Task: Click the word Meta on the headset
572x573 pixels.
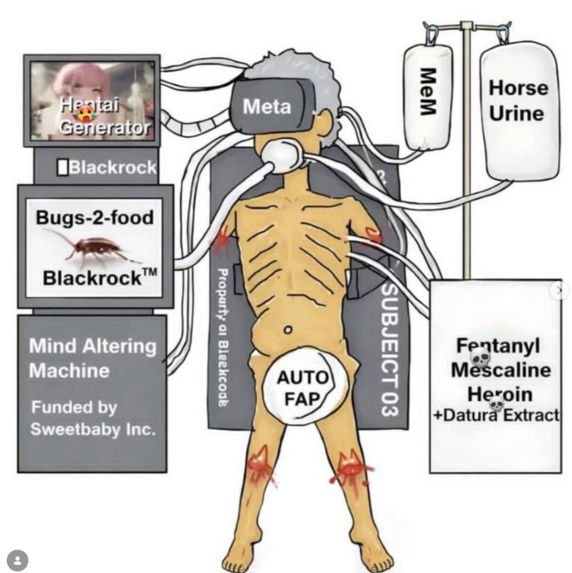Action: click(x=267, y=106)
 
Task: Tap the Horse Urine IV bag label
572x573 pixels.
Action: click(x=518, y=100)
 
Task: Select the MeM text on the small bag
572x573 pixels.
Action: click(x=426, y=91)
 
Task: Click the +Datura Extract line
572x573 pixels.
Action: click(x=496, y=415)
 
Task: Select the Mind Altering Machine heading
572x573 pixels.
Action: click(x=92, y=358)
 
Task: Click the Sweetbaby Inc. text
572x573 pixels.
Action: click(x=93, y=429)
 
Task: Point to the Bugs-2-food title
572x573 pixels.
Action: click(x=94, y=217)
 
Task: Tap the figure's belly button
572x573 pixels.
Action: click(x=289, y=329)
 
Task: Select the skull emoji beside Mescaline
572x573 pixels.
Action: click(x=480, y=357)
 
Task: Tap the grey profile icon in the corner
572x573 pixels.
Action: click(x=18, y=560)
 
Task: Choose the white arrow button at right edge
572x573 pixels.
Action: click(x=560, y=290)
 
